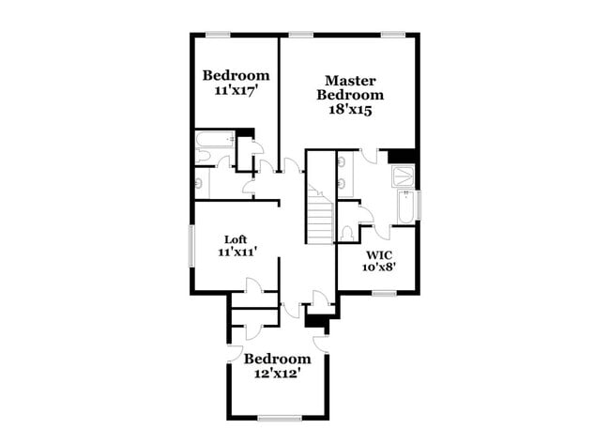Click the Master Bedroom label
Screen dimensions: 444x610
pos(350,87)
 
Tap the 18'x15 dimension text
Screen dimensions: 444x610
pos(350,110)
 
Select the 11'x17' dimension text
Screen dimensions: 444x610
pos(236,91)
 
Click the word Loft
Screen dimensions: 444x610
pos(236,238)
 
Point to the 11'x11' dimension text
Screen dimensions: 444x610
pos(236,252)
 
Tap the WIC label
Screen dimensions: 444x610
pos(379,254)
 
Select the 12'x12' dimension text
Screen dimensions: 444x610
pos(277,374)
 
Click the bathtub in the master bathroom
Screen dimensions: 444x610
pos(405,207)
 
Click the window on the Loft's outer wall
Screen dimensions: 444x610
pos(192,245)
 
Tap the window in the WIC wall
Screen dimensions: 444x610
pos(383,293)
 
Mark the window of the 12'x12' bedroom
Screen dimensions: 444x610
pos(280,417)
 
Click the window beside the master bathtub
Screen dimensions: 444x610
pos(419,205)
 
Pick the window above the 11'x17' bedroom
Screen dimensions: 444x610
pos(218,36)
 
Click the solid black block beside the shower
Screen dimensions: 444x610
pos(403,156)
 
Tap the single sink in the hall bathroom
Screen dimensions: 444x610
pos(200,183)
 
